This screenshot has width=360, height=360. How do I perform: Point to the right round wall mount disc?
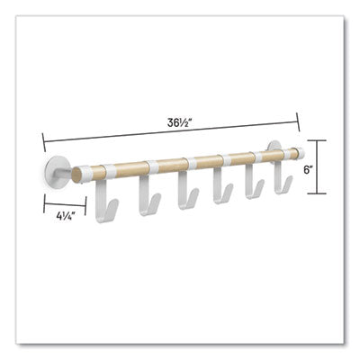point(276,150)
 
